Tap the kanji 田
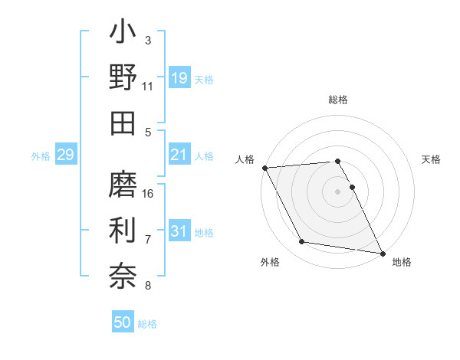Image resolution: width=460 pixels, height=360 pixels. [123, 122]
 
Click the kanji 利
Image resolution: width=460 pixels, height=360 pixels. [123, 229]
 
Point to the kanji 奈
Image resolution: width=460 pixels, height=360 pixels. [123, 274]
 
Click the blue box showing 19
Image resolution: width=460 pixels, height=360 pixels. [179, 78]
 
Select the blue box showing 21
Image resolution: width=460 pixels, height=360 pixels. [179, 155]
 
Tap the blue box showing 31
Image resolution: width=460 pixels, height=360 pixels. [179, 231]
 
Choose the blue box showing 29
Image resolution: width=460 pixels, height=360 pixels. [65, 155]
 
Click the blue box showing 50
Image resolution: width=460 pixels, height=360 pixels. [123, 323]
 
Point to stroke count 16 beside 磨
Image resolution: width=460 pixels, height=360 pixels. [149, 193]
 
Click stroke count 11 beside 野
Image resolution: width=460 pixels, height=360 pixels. [148, 87]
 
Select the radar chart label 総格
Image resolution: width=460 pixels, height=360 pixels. [338, 100]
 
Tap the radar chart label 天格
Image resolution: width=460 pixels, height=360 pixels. [431, 159]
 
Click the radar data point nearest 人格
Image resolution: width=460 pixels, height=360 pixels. [265, 167]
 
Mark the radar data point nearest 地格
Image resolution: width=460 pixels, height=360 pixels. [382, 252]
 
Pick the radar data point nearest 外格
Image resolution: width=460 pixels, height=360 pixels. [302, 242]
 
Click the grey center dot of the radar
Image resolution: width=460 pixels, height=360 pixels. [338, 191]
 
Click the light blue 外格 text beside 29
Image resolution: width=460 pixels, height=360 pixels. [41, 156]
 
